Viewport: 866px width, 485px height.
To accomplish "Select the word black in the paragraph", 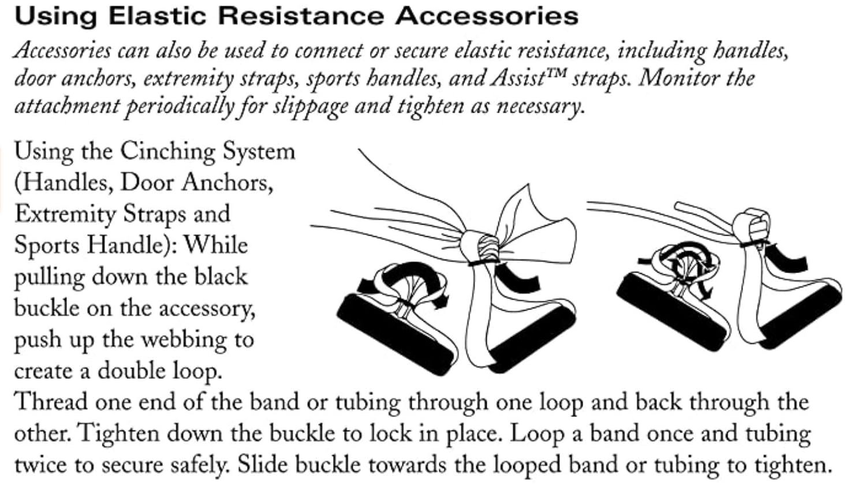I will pos(220,276).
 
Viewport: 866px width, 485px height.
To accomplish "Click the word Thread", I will pos(51,401).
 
